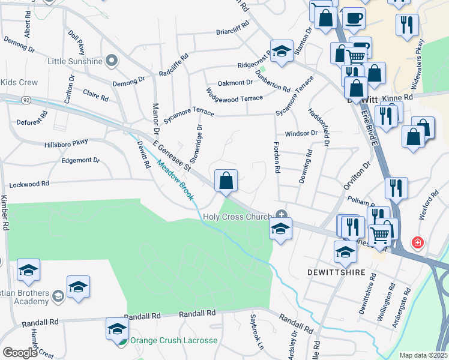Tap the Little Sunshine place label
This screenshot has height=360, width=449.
coord(75,61)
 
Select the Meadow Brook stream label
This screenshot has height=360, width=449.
coord(177,180)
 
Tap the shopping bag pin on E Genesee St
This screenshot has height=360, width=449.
coord(226,181)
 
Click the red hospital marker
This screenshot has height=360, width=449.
coord(417,243)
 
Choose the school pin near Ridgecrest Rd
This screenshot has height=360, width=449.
coord(281,51)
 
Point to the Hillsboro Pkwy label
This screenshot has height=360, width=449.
coord(66,143)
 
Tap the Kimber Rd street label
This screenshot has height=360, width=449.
coord(5,214)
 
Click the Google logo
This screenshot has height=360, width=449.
coord(19,352)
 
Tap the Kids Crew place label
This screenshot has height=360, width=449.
coord(19,82)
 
